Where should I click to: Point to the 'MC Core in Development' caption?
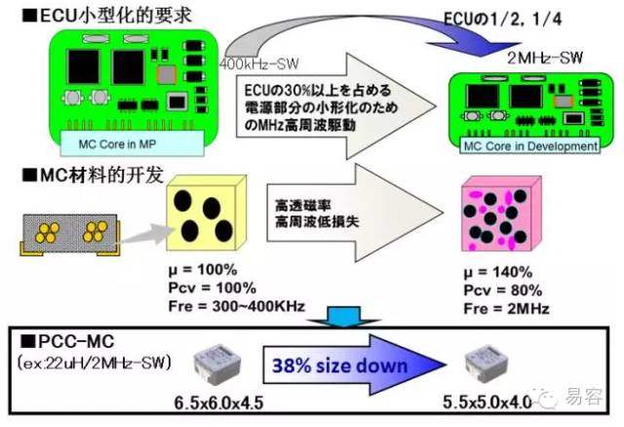(528, 146)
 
